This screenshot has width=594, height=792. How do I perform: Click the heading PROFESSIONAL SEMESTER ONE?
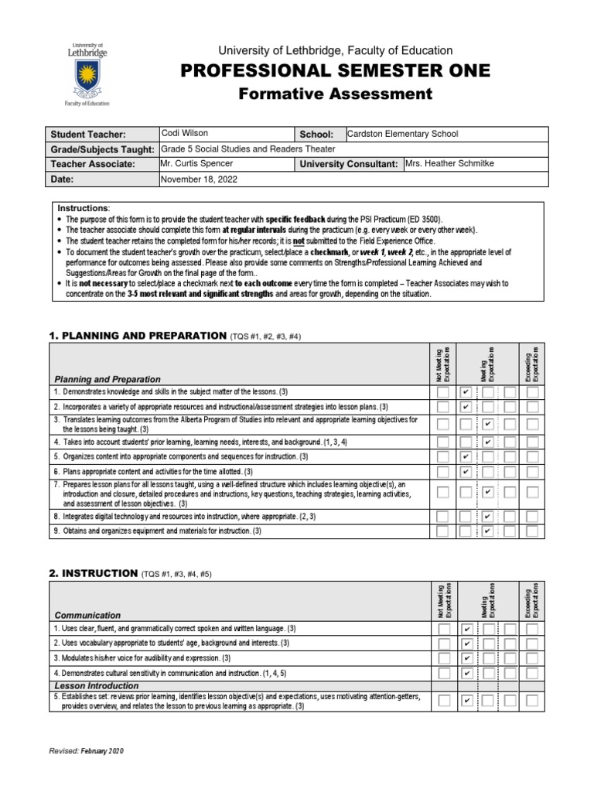click(335, 71)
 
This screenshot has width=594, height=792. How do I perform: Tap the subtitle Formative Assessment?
click(335, 94)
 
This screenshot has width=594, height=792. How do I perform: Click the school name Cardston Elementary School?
click(402, 134)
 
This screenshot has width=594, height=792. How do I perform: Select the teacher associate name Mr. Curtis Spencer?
click(196, 164)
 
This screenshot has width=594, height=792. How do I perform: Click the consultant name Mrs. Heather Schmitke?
click(449, 164)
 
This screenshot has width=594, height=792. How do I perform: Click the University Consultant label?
click(348, 165)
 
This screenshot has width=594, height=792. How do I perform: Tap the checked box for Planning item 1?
click(466, 393)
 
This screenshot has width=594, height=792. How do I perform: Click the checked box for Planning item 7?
click(488, 492)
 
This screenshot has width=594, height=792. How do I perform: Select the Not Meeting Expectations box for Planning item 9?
click(442, 531)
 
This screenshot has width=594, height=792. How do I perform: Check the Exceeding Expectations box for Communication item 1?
click(532, 629)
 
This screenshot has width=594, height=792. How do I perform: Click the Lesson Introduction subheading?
click(97, 686)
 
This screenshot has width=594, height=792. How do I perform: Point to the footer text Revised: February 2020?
click(86, 751)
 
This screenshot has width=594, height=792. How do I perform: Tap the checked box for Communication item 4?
click(466, 673)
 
